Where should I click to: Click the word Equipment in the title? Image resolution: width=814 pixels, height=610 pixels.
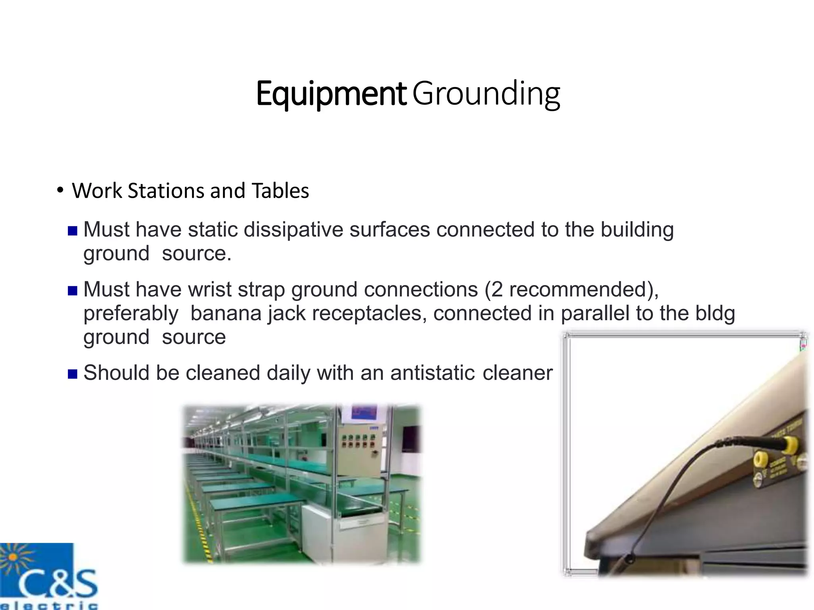click(331, 94)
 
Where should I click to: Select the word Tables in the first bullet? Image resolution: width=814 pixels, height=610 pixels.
click(280, 191)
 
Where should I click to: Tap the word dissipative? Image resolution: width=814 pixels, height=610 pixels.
click(293, 230)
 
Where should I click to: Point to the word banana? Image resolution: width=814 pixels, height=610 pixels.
click(226, 313)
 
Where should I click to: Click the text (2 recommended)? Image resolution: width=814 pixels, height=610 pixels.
click(571, 290)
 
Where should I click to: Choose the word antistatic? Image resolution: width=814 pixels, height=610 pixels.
click(432, 373)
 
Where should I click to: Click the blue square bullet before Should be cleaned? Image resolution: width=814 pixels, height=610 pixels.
click(72, 374)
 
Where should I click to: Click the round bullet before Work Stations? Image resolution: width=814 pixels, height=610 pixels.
click(60, 191)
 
